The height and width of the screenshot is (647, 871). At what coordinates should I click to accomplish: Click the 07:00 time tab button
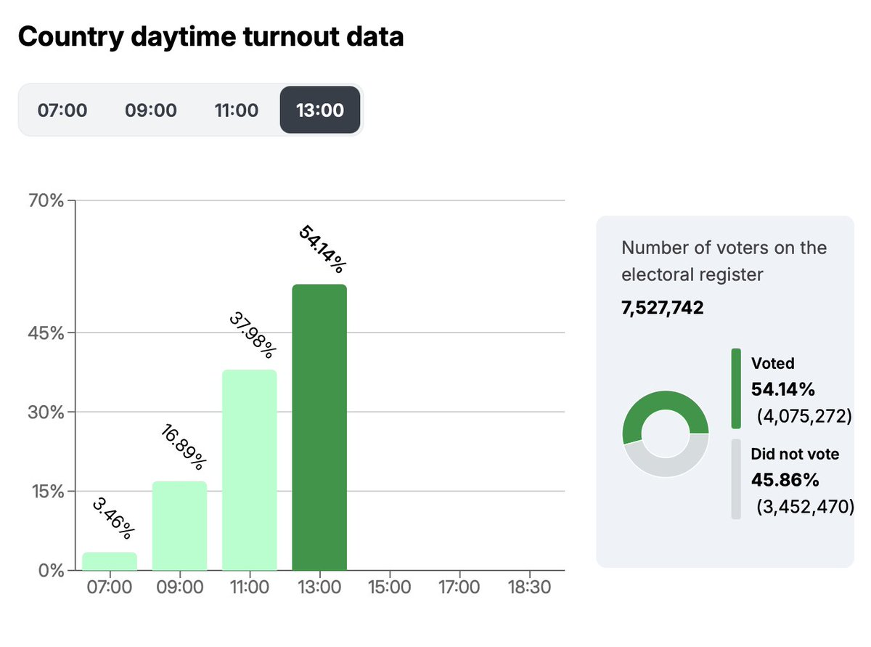point(62,110)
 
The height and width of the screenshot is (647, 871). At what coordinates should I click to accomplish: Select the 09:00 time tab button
point(151,110)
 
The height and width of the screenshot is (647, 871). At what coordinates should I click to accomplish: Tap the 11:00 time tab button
point(236,110)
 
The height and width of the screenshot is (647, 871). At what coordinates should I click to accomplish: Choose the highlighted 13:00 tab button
point(320,110)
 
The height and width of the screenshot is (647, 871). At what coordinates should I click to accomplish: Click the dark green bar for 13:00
point(319,428)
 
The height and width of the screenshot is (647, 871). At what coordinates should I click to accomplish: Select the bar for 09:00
point(179,526)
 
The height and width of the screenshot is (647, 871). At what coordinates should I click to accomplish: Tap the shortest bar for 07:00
point(110,561)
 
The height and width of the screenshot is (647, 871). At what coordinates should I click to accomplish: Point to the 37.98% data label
point(252,335)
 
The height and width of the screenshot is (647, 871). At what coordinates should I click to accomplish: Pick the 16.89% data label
point(182,447)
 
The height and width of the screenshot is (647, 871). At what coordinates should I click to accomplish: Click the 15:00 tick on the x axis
point(389,586)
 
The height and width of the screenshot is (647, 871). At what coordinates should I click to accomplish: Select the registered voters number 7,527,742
point(663,308)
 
